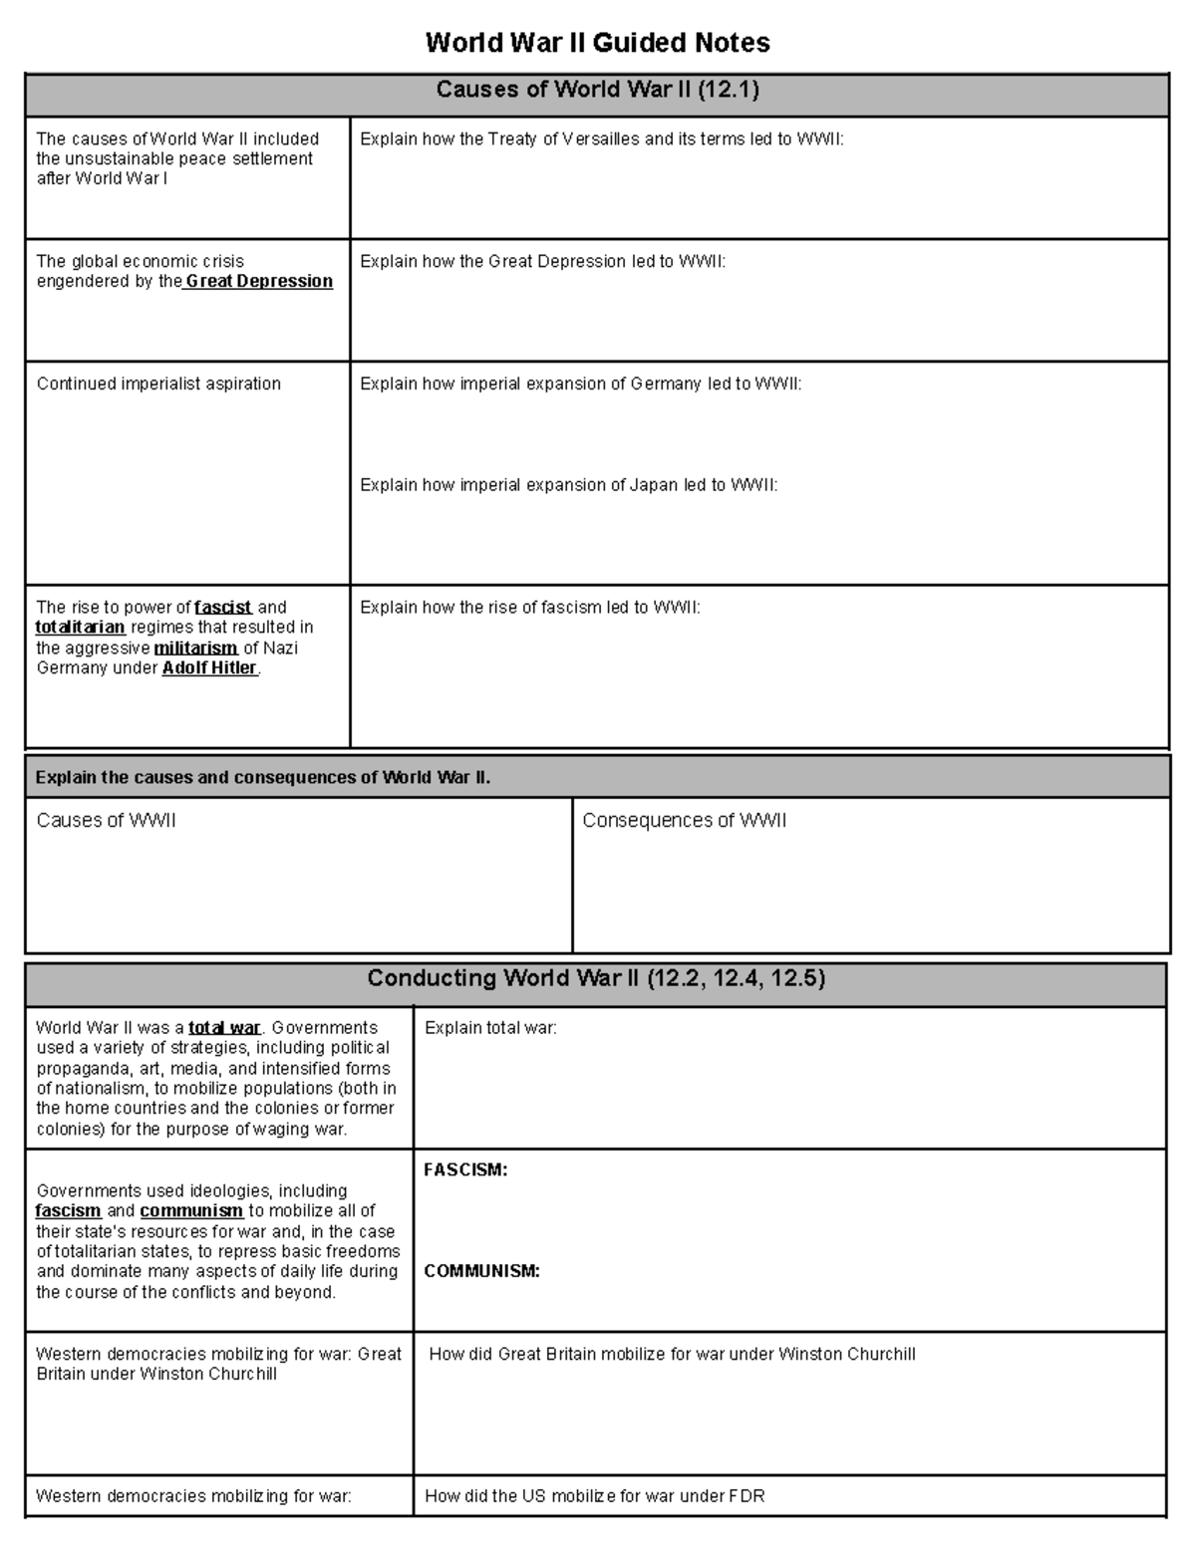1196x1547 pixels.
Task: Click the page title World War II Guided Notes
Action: (597, 43)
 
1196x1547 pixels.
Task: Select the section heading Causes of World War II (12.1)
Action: (597, 91)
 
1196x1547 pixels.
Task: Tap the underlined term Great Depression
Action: (259, 282)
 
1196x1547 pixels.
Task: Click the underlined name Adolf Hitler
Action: (209, 668)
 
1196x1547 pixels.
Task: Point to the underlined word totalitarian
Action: (80, 628)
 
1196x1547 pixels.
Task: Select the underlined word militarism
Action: (195, 648)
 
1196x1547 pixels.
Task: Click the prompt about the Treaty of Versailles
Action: (601, 139)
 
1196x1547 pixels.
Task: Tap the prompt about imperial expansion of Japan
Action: (568, 485)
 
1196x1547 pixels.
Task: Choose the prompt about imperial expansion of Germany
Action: (580, 384)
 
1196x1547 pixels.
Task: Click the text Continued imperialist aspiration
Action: (158, 384)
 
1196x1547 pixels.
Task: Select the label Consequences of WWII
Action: (684, 821)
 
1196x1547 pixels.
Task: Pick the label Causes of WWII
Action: (106, 821)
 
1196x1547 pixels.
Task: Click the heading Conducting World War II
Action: (596, 978)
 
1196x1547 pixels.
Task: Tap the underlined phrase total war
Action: (224, 1028)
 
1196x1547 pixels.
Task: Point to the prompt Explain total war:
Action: (490, 1028)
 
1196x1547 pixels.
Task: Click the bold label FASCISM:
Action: (465, 1170)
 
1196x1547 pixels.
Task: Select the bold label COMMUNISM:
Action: (481, 1271)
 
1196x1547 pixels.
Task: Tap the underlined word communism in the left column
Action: (191, 1211)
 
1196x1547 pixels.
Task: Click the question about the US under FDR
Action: (594, 1496)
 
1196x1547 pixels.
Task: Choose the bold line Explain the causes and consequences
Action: (262, 778)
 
